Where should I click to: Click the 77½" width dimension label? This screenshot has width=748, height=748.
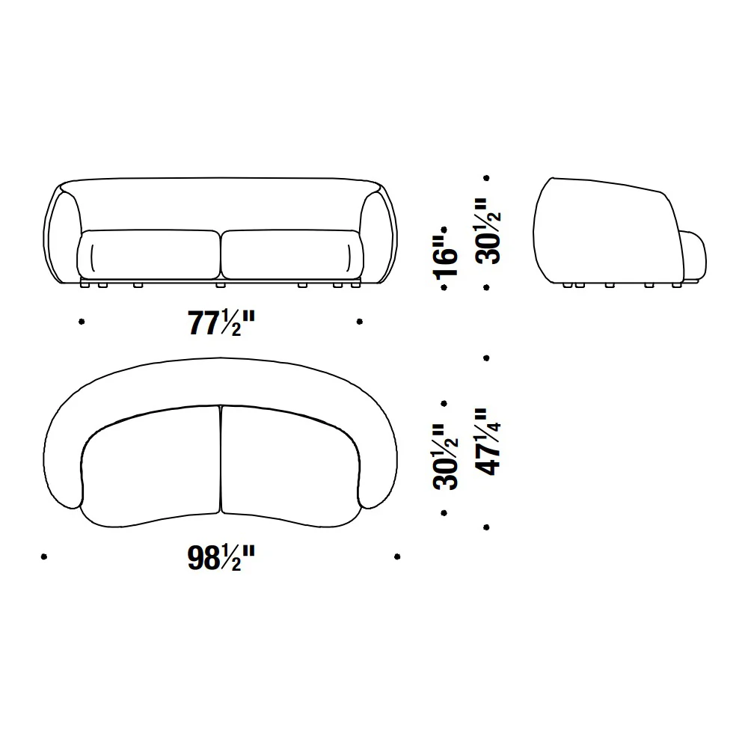[221, 323]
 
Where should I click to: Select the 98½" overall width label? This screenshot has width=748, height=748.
[221, 557]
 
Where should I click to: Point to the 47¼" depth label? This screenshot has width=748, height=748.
[488, 442]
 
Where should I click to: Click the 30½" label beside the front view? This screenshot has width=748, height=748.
[488, 231]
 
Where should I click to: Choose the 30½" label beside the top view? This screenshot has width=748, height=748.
[445, 457]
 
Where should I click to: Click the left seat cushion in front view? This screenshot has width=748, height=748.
[148, 254]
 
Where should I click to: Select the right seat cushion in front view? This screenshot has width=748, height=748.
[292, 254]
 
